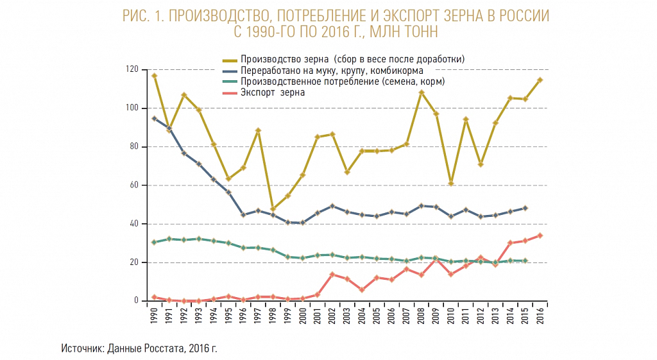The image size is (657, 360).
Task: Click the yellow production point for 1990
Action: (x=154, y=76)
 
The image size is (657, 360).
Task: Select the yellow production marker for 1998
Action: (x=273, y=209)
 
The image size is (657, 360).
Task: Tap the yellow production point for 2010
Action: (x=451, y=184)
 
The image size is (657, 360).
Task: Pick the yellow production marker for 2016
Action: (x=540, y=80)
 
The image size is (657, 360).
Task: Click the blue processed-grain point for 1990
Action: (x=154, y=119)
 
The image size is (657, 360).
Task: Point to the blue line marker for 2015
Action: (x=525, y=208)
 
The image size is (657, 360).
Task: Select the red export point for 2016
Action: (x=540, y=236)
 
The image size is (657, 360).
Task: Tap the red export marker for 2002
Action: (x=332, y=275)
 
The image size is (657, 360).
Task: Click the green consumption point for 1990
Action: (x=154, y=242)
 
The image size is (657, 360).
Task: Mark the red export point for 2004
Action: (x=362, y=289)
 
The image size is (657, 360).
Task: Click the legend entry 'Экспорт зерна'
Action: (x=272, y=92)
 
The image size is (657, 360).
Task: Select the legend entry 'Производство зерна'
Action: (x=284, y=59)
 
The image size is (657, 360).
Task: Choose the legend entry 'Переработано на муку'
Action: (x=299, y=71)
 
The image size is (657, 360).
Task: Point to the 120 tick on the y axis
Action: (x=132, y=69)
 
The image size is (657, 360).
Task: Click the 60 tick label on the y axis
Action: (x=134, y=185)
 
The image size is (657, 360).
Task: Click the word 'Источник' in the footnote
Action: (x=82, y=348)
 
